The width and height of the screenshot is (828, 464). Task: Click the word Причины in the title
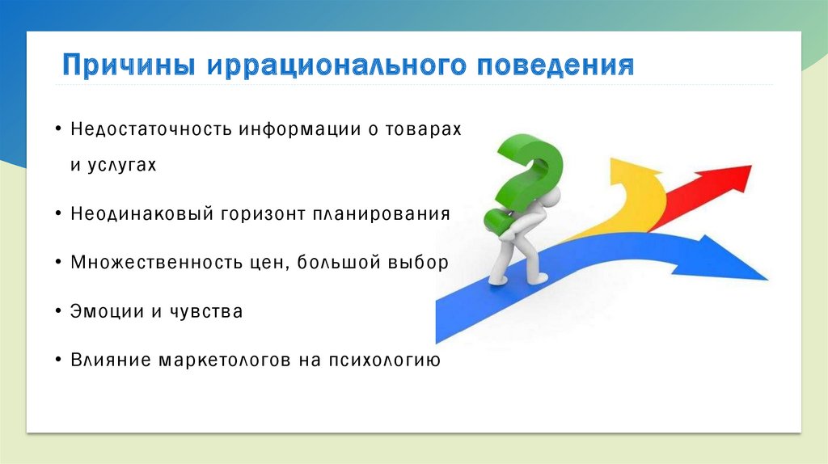pos(129,65)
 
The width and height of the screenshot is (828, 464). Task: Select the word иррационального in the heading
pos(336,65)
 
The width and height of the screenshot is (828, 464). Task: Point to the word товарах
pos(422,129)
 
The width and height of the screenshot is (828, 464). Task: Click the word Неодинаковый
pos(142,213)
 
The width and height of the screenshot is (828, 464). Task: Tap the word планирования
pos(382,214)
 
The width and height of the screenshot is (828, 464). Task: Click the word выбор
pos(418,263)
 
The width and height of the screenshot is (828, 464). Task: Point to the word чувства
pos(206,311)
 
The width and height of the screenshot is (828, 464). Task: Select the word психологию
pos(384,360)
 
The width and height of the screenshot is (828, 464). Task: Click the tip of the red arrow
pos(751,166)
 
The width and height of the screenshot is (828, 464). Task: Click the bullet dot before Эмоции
pos(58,311)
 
